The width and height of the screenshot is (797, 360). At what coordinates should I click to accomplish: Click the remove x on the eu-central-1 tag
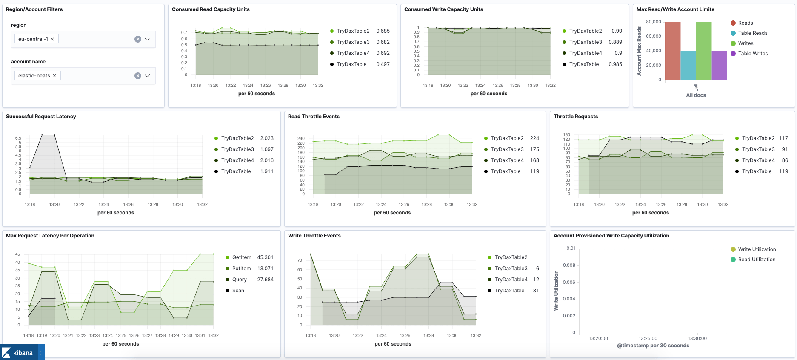tap(52, 39)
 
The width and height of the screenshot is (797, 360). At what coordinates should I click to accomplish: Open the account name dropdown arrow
tap(147, 76)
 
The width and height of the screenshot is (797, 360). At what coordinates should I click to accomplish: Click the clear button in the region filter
tap(138, 39)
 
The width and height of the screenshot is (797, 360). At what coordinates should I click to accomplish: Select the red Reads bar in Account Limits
tap(672, 51)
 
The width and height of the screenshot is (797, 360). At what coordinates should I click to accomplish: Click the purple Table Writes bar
tap(719, 66)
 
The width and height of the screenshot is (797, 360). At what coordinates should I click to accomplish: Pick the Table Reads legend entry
tap(752, 33)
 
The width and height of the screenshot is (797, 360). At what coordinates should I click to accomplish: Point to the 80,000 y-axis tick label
tap(653, 22)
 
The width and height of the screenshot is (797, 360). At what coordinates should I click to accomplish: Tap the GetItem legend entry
tap(241, 257)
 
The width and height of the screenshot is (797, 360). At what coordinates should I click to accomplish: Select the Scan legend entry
tap(238, 291)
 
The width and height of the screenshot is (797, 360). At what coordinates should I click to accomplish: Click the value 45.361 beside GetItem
tap(265, 257)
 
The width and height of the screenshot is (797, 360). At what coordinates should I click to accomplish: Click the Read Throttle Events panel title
tap(314, 117)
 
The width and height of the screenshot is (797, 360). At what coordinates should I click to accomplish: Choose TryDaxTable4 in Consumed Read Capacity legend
tap(353, 53)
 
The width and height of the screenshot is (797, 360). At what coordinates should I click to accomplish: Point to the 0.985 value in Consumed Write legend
tap(615, 64)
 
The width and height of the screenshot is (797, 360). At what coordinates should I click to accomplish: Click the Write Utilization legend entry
tap(757, 249)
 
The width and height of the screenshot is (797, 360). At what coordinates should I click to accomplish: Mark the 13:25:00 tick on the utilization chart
tap(648, 339)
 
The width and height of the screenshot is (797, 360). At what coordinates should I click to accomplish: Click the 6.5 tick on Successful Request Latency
tap(18, 138)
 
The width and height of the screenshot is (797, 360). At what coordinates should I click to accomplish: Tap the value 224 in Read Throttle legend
tap(534, 138)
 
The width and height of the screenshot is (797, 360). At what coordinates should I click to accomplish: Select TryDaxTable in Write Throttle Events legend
tap(509, 291)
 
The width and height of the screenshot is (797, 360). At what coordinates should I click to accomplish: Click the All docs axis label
tap(696, 95)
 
